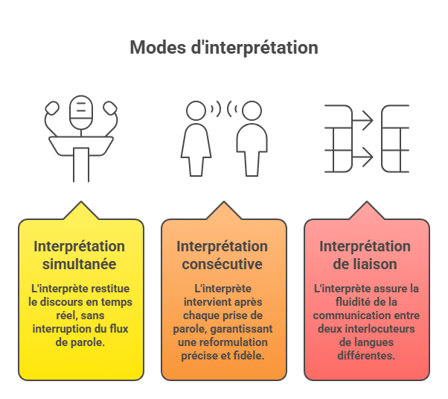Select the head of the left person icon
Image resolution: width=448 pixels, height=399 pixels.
[196, 110]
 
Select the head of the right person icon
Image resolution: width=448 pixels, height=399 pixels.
[252, 110]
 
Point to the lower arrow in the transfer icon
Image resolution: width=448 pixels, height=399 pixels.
[363, 157]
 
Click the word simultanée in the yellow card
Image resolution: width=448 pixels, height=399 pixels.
[80, 264]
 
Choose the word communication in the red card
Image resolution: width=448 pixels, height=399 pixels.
[356, 315]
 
